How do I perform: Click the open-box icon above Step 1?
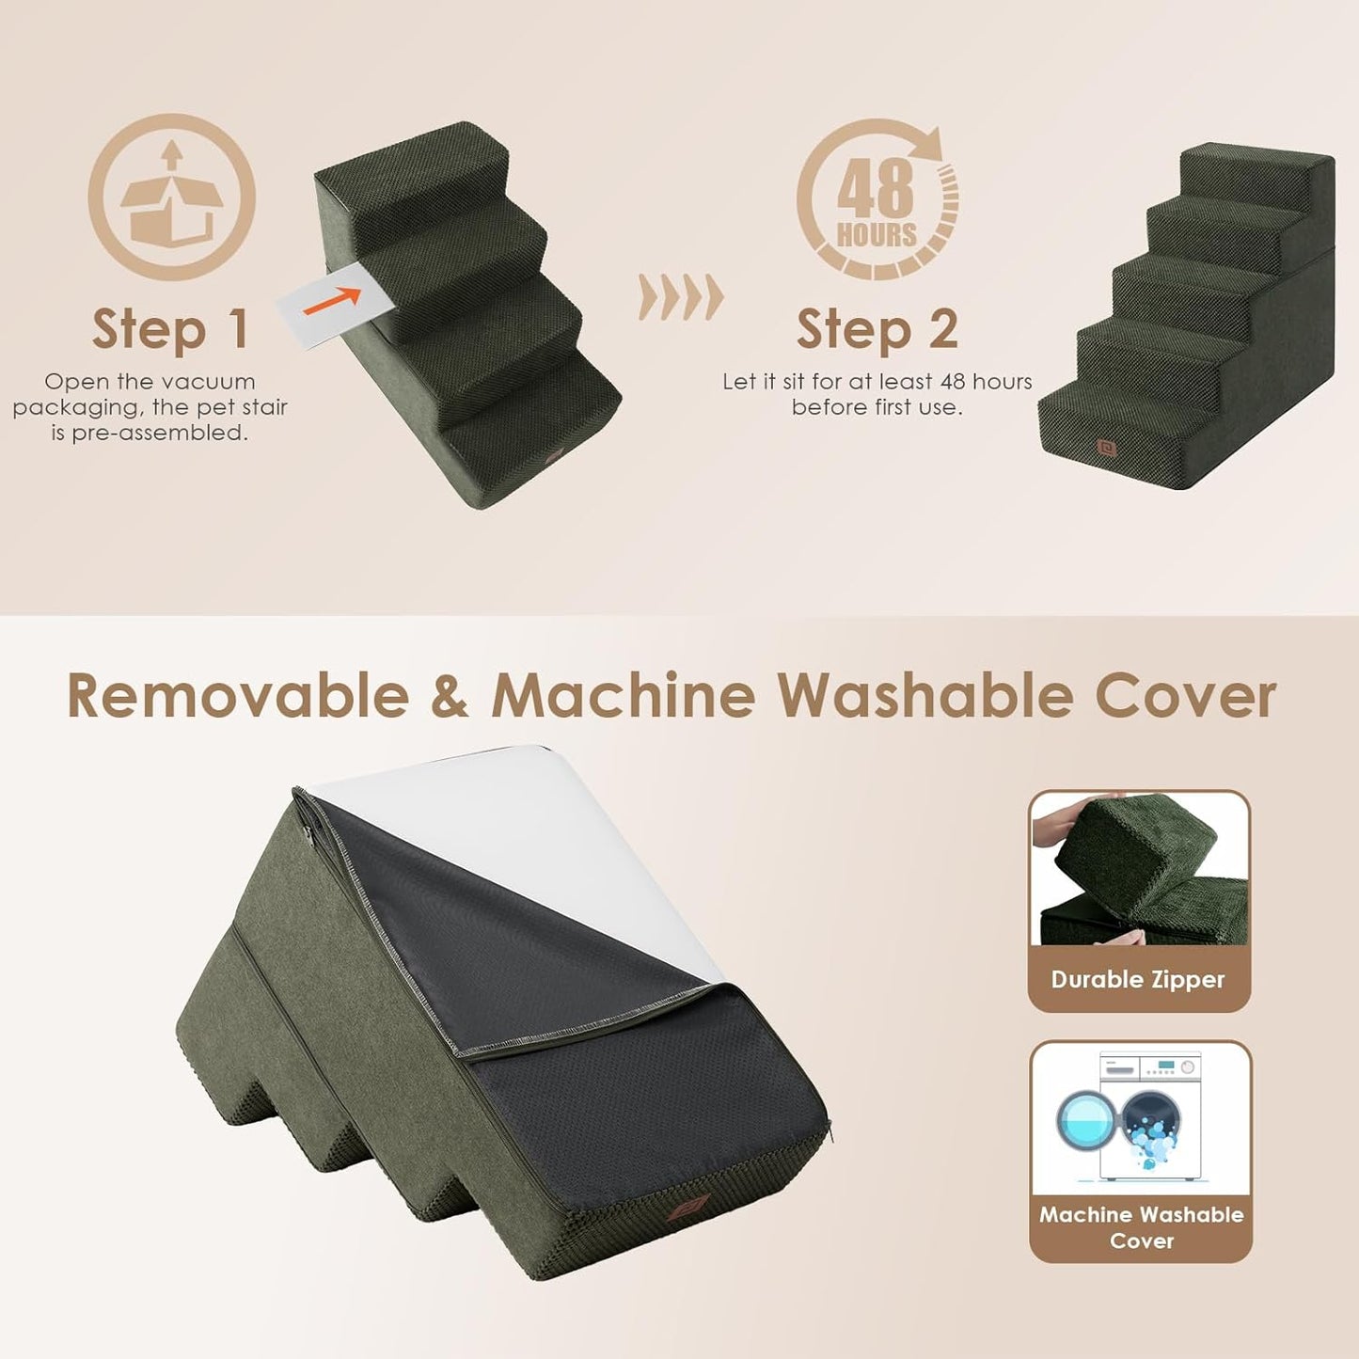[171, 197]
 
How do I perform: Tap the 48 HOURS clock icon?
[877, 199]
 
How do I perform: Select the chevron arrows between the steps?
[681, 297]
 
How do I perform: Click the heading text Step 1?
[170, 329]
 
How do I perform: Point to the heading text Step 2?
[877, 329]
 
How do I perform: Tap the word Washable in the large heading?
[925, 697]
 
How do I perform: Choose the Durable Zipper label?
[1138, 980]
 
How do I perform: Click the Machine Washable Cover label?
[1141, 1227]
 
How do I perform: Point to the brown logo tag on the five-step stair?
[1106, 448]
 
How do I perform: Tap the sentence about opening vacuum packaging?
[150, 407]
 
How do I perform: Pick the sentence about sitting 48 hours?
[877, 394]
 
